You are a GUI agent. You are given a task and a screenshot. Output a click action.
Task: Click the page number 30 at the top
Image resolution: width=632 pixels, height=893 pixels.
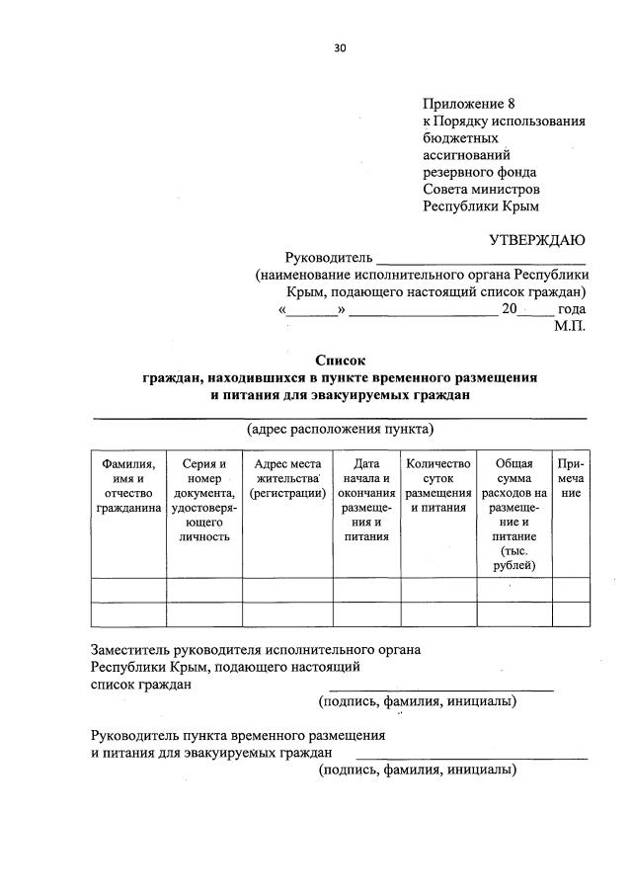coord(341,46)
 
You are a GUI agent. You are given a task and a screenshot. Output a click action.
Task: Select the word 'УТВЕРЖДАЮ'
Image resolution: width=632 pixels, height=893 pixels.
coord(537,239)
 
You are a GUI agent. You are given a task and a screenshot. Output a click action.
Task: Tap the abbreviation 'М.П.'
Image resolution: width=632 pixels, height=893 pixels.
coord(570,325)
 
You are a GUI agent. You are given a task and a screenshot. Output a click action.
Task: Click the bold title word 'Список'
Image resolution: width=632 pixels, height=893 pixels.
coord(340,361)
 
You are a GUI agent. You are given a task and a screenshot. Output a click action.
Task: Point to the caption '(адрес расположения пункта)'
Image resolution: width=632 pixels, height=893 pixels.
coord(340,429)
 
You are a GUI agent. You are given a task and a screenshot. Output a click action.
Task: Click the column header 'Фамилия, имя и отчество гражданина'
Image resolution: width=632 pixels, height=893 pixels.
coord(128,486)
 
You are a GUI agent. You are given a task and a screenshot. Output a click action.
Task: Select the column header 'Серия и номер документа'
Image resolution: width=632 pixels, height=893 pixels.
coord(204,500)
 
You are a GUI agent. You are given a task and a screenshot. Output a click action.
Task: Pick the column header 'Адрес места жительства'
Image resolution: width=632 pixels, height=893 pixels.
coord(286,477)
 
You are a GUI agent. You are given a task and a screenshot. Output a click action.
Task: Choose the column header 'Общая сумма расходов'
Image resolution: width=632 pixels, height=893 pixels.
coord(513,514)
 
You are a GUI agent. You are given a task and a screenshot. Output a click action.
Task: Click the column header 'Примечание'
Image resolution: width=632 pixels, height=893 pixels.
coord(571,478)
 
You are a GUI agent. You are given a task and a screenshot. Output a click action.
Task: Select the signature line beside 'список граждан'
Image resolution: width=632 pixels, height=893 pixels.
coord(440,688)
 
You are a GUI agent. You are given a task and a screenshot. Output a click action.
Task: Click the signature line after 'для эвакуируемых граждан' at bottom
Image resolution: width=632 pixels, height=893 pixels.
coord(471,759)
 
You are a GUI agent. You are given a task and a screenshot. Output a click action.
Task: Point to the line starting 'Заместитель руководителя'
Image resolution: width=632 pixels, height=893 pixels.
coord(256,650)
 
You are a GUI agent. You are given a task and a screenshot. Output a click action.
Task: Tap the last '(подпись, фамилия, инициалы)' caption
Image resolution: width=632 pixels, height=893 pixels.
coord(417,771)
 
